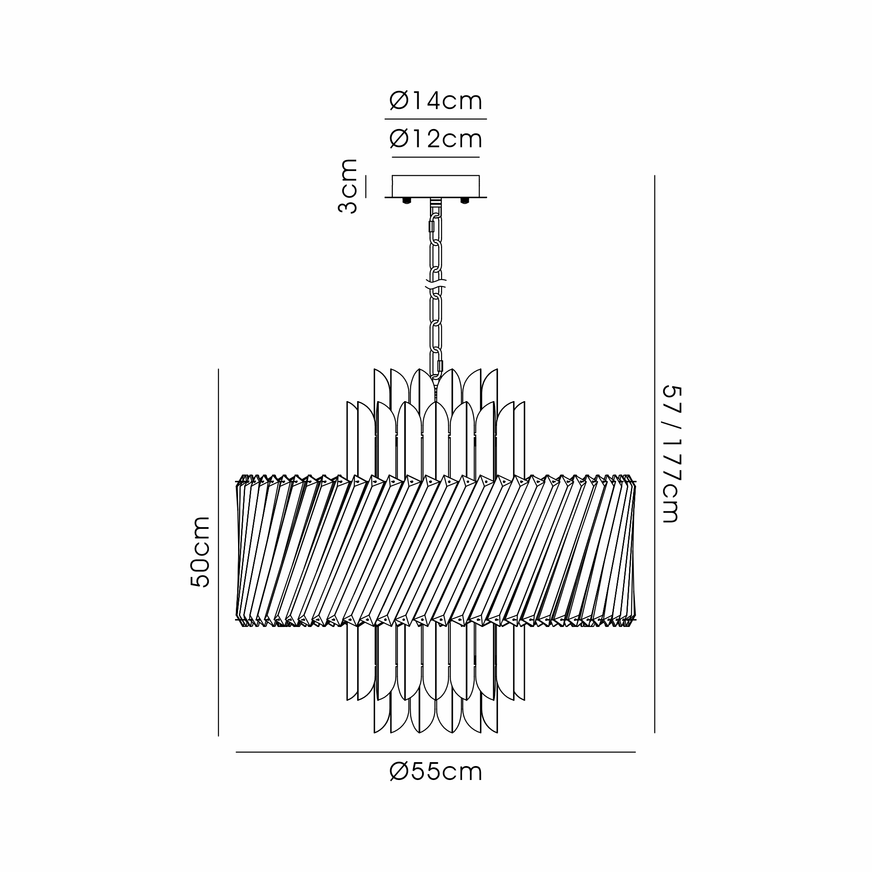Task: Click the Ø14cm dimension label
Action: point(436,101)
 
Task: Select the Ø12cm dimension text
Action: point(436,139)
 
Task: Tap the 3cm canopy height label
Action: point(347,186)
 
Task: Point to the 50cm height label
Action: point(200,552)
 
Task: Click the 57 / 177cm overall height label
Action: point(670,454)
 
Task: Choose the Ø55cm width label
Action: point(436,772)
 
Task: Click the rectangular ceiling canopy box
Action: point(436,186)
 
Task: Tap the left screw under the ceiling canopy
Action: point(407,201)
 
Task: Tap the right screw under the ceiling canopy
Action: point(464,201)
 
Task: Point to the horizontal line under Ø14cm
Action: point(436,119)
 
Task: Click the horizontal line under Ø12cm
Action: point(436,157)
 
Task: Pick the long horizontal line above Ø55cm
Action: point(436,753)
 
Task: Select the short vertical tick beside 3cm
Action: point(366,187)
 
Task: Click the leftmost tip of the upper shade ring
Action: point(236,483)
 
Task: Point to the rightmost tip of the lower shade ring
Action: point(636,620)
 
